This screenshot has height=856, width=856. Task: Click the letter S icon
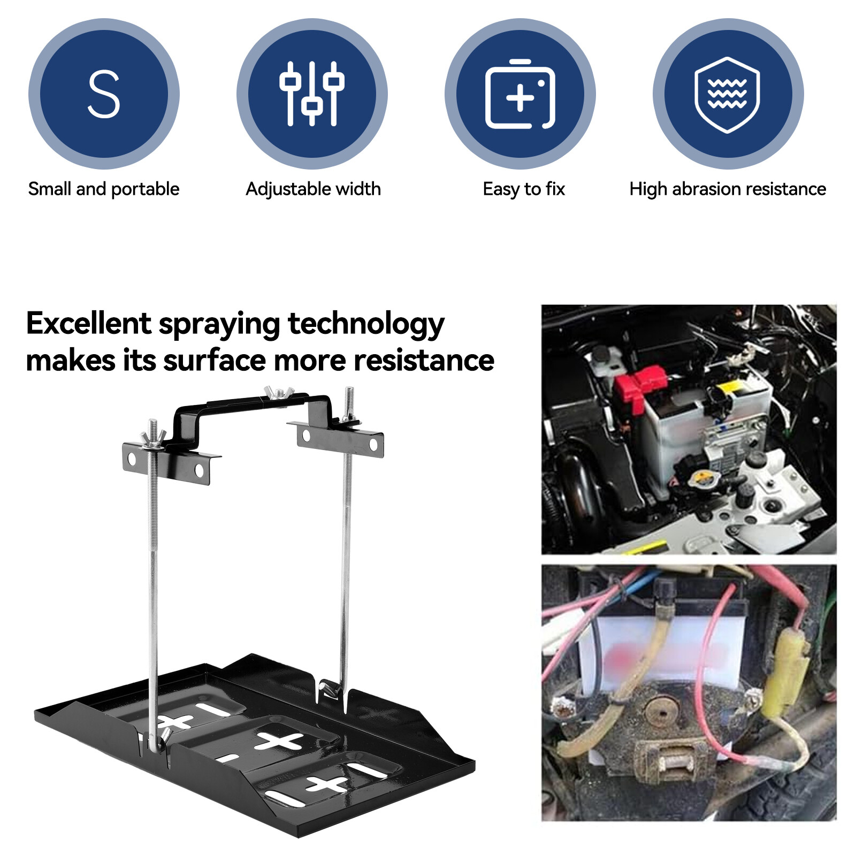point(104,94)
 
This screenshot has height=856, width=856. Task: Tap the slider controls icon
point(312,94)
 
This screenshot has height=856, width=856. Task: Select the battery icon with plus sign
point(520,94)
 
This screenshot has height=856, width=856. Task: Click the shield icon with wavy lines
point(728,94)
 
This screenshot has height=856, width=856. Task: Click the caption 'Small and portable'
point(104,189)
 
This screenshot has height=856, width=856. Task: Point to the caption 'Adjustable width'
point(313,189)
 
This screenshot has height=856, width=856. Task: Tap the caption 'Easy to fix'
point(524,189)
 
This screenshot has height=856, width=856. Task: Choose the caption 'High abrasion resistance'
point(728,189)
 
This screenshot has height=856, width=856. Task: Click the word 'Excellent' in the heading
point(88,324)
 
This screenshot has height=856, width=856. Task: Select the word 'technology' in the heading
point(366,325)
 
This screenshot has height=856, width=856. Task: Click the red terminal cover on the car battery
point(640,387)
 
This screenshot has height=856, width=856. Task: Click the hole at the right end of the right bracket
point(373,445)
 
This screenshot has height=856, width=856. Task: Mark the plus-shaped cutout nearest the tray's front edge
point(327,784)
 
